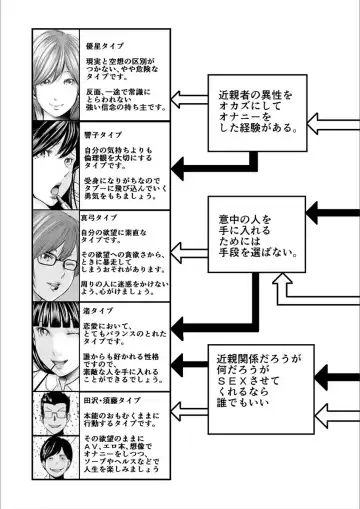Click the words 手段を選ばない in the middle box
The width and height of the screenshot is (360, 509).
pos(256,267)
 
